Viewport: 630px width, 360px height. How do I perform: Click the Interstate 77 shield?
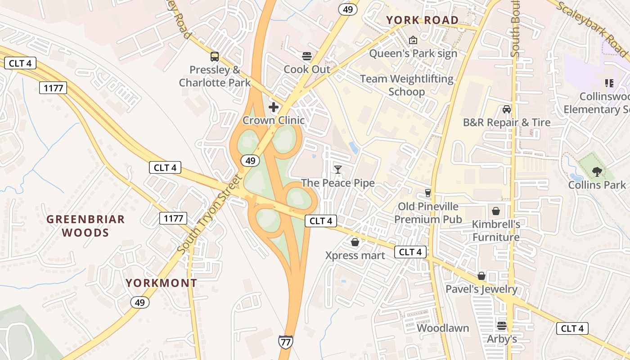tap(285, 341)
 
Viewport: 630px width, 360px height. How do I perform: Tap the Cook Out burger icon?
tap(307, 56)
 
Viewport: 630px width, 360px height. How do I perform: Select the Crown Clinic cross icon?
tap(273, 107)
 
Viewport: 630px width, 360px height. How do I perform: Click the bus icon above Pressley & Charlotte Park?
tap(215, 57)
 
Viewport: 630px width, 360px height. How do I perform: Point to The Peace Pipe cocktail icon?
tap(338, 169)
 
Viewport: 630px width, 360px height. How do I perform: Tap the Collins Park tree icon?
tap(597, 171)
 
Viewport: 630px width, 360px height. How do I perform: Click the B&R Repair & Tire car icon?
tap(507, 109)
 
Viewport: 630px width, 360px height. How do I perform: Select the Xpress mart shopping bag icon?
tap(355, 243)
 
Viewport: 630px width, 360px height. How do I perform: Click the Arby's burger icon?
tap(502, 325)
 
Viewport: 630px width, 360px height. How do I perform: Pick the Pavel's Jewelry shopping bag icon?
tap(481, 276)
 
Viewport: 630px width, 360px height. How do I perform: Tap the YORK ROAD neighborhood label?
tap(422, 20)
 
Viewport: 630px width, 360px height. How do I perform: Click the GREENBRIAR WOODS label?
tap(85, 226)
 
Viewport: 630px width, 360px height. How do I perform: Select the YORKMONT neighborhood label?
tap(161, 283)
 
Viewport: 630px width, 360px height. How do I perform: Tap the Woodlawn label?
tap(443, 328)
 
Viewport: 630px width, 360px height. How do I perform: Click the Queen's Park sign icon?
tap(413, 40)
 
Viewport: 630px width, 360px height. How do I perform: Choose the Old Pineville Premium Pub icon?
tap(427, 193)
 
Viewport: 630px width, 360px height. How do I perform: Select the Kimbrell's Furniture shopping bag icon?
tap(495, 211)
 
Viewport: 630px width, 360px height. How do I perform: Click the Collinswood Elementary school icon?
tap(609, 83)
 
